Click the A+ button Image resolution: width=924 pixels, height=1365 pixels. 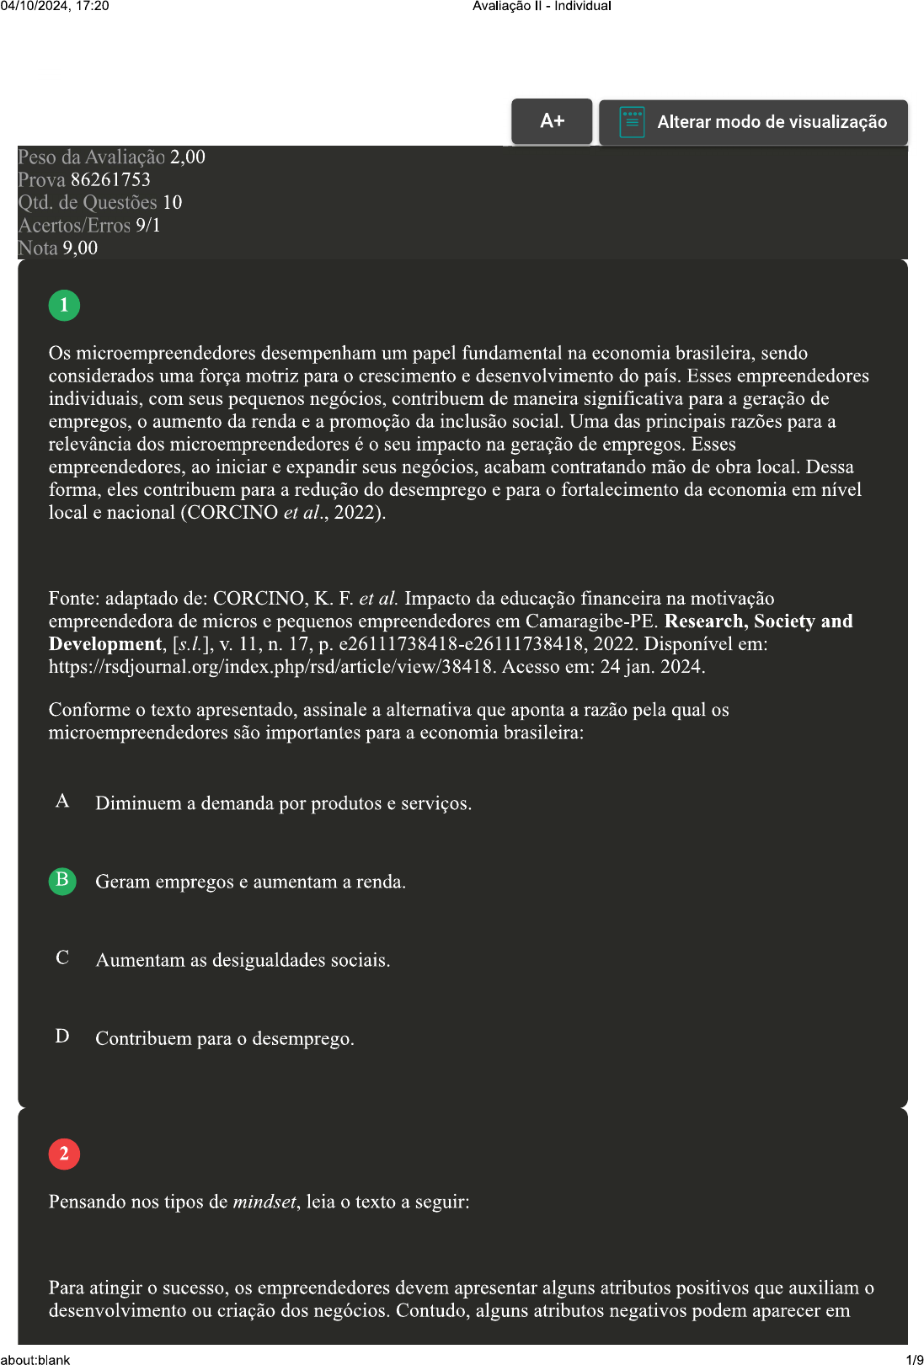[552, 121]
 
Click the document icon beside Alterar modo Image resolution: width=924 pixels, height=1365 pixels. [632, 122]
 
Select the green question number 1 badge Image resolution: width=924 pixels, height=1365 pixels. [64, 305]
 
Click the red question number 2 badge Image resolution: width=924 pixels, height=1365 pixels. [64, 1154]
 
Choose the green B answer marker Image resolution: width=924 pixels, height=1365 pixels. [62, 881]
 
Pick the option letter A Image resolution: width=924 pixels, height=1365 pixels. [62, 801]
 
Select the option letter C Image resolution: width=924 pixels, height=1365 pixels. [62, 957]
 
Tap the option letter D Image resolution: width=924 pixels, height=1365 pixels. [62, 1036]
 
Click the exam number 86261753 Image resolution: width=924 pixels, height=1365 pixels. [110, 179]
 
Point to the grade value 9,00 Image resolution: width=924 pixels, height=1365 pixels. [80, 248]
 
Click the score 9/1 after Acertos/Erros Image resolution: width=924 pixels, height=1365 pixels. [147, 225]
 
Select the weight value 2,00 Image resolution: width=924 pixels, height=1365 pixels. [188, 157]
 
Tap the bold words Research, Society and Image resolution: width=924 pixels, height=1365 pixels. [758, 621]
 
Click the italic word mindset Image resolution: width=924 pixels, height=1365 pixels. [264, 1202]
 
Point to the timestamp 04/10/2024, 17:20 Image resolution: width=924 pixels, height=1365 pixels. [55, 6]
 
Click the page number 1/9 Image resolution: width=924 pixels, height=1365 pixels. [914, 1359]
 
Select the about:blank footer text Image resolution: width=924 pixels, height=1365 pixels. [35, 1359]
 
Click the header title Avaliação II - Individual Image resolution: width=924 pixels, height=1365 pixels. [542, 6]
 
